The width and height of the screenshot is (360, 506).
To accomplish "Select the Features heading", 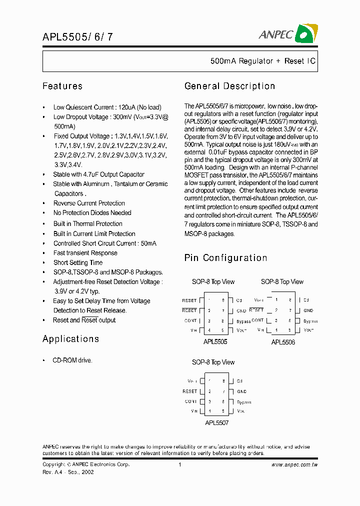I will click(62, 86).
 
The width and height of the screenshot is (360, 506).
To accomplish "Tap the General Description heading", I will click(229, 86).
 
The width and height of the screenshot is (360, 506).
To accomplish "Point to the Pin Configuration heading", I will click(225, 258).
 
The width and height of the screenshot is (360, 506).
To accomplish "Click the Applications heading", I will click(70, 338).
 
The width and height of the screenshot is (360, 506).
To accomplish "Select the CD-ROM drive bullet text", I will click(72, 360).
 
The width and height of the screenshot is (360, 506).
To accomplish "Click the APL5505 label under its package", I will click(215, 342).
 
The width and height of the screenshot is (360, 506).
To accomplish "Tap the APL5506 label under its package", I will click(283, 342).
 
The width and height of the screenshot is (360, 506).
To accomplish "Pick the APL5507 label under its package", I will click(216, 422).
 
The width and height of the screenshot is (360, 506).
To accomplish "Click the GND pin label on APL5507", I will click(241, 391).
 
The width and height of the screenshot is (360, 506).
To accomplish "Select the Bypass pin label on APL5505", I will click(243, 321).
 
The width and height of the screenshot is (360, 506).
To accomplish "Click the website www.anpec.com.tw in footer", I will click(294, 464).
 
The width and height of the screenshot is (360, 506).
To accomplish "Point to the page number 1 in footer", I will click(179, 464).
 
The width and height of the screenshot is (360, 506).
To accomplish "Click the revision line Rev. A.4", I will click(68, 472).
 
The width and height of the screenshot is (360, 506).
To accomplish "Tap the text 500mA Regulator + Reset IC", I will click(262, 61).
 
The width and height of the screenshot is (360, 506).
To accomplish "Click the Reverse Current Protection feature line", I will click(89, 203).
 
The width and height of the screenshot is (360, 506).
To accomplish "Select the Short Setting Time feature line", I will click(78, 262).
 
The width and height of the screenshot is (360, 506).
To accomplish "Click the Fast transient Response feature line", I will click(85, 253).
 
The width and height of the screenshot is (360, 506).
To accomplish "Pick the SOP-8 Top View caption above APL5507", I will click(213, 362).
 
